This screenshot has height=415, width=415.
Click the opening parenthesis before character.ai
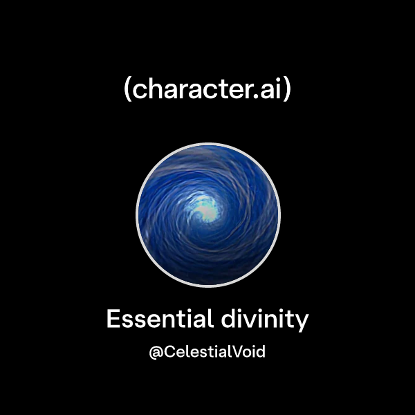point(127,91)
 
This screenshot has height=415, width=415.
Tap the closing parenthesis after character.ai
point(288,91)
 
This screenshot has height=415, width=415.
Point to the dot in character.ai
point(259,98)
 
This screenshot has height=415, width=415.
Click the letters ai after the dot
point(272,91)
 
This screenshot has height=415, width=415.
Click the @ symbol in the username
point(156,352)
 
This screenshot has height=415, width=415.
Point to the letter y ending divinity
point(302,322)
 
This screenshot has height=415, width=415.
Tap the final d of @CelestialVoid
point(261,351)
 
